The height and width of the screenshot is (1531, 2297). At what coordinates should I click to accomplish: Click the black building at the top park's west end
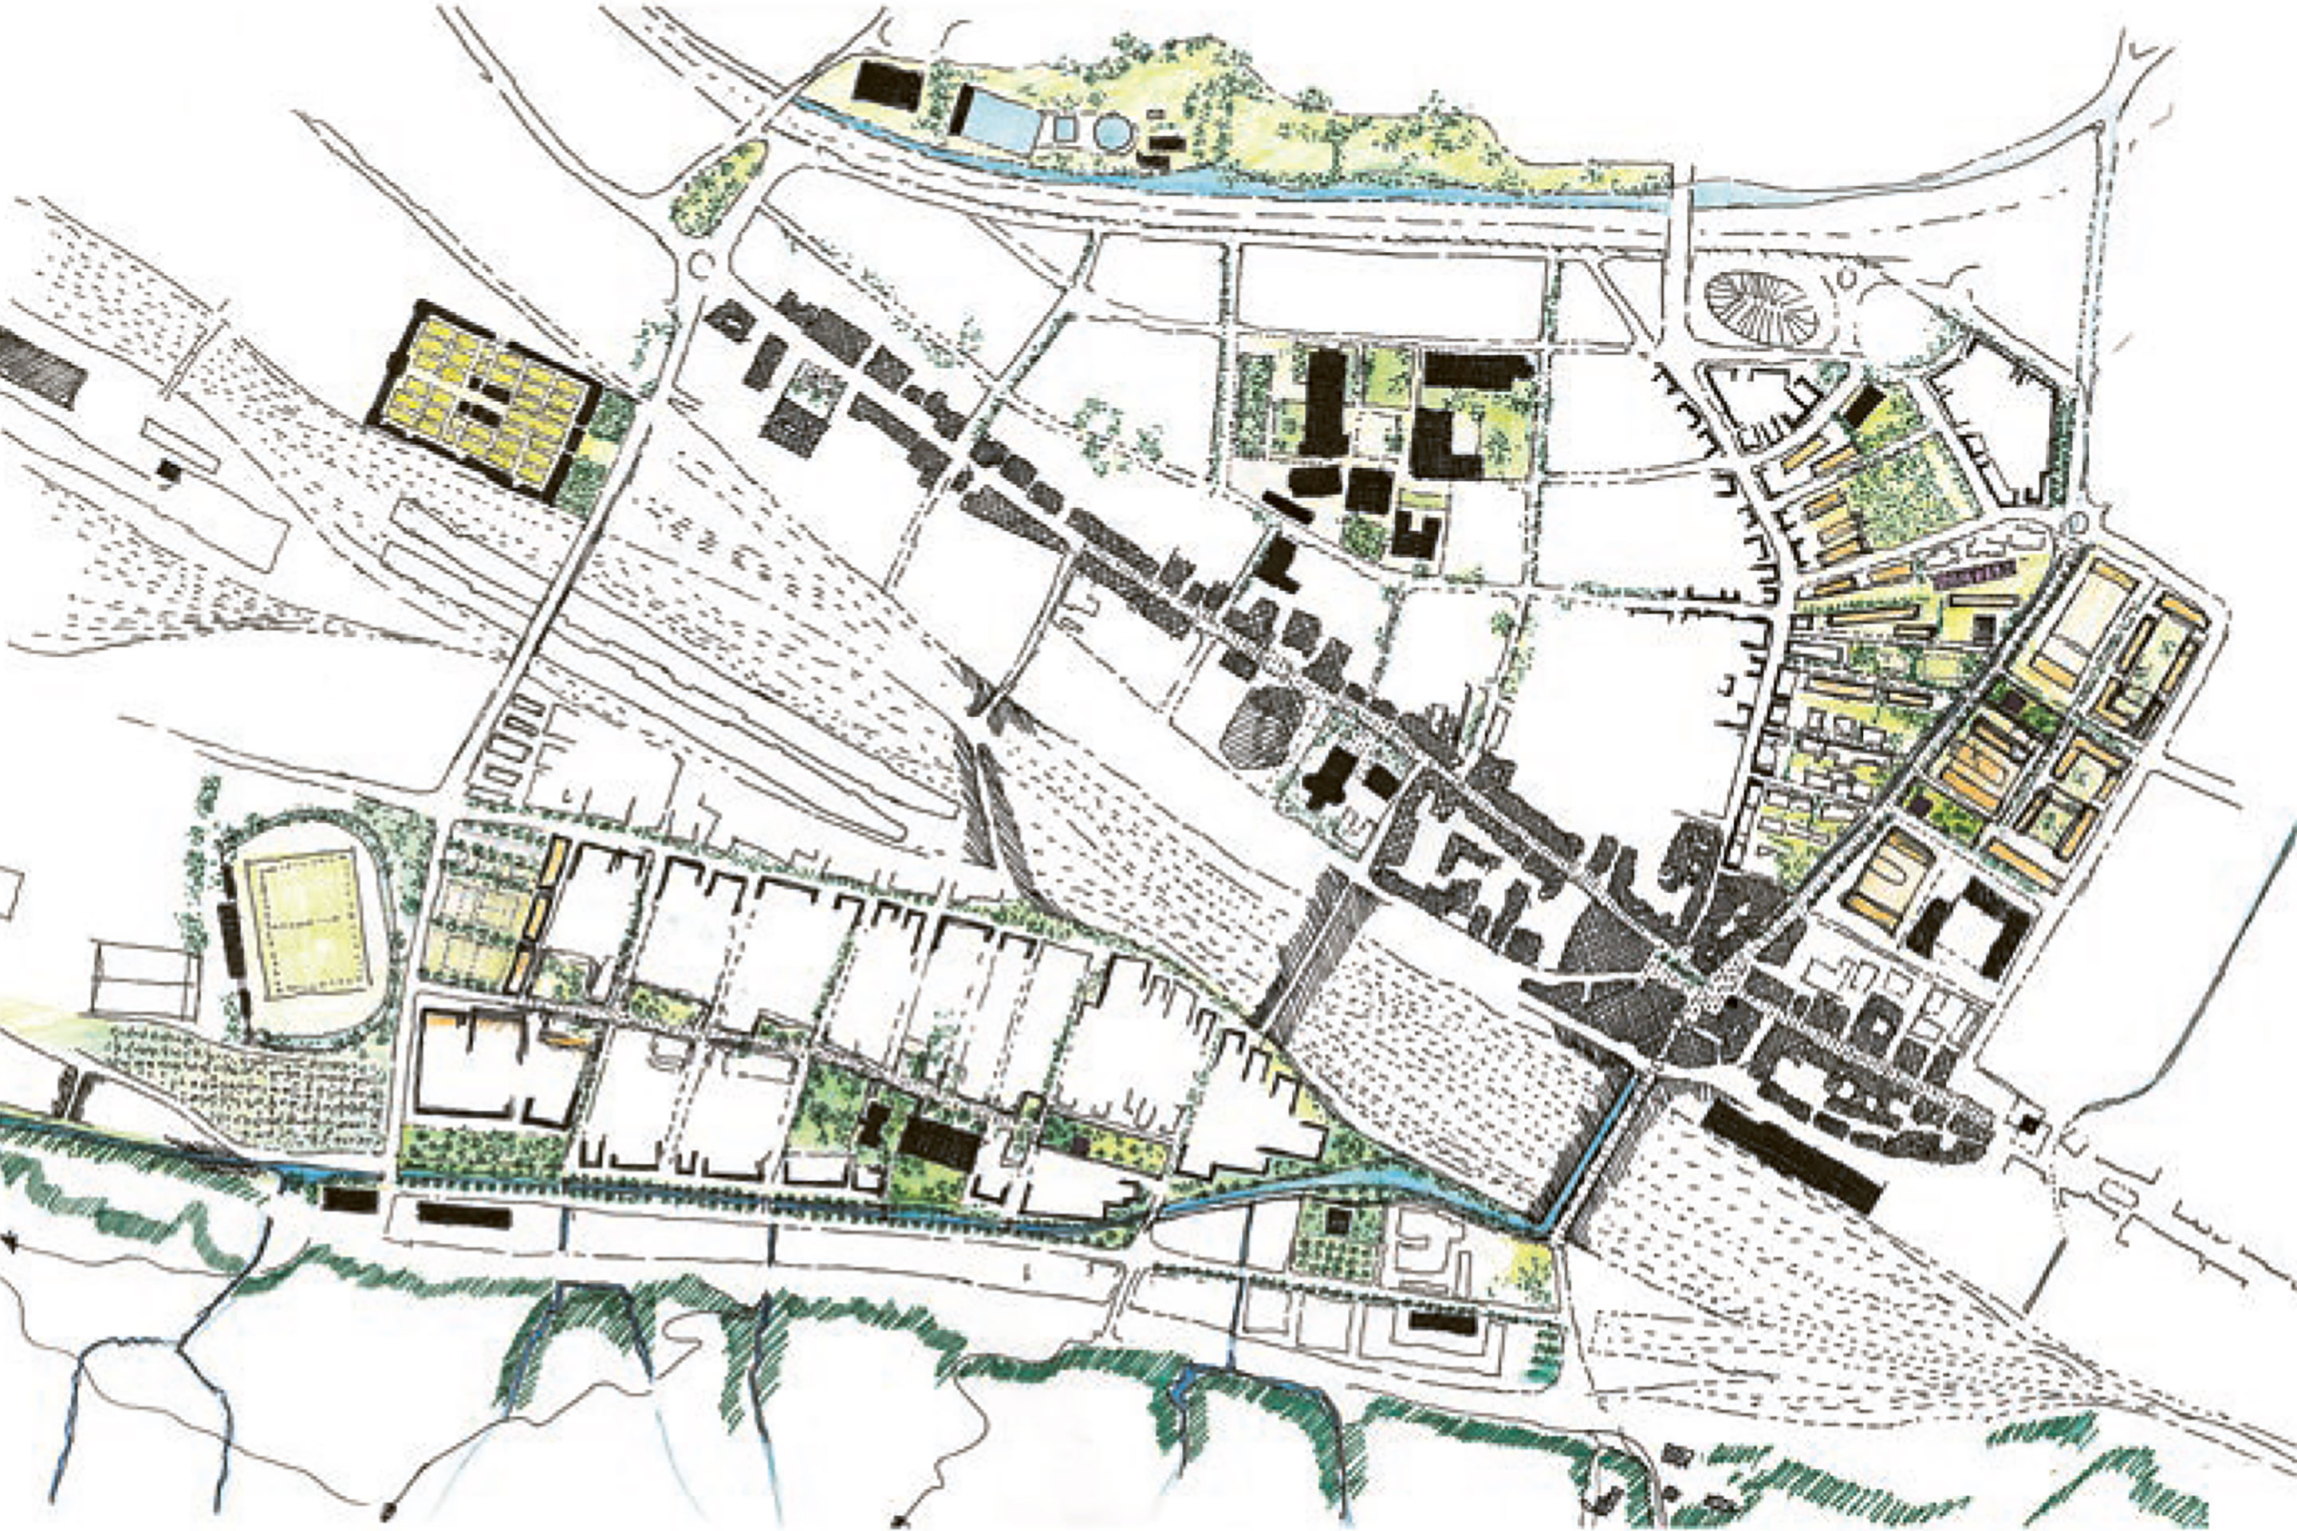point(887,86)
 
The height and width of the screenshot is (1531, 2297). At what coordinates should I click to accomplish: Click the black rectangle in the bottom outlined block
point(1441,1323)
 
